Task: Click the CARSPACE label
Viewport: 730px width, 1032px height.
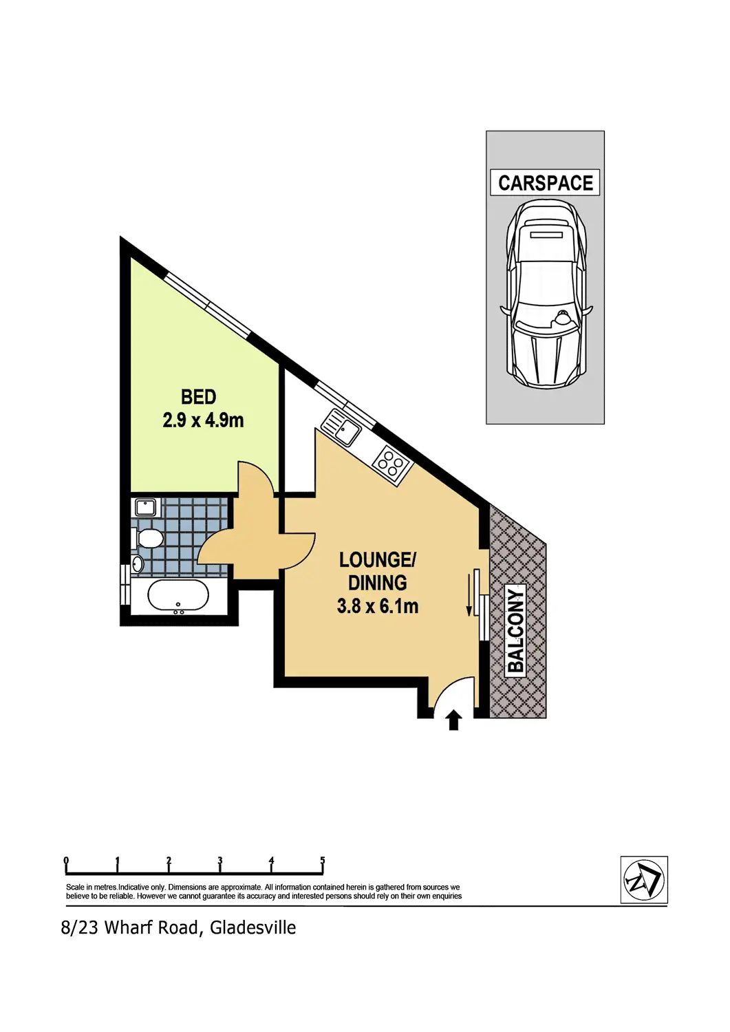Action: pyautogui.click(x=545, y=183)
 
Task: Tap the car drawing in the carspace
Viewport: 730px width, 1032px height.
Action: pyautogui.click(x=546, y=296)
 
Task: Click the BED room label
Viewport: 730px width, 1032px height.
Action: pyautogui.click(x=199, y=397)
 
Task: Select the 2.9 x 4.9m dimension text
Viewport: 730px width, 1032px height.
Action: pyautogui.click(x=203, y=420)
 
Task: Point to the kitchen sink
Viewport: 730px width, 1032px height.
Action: pyautogui.click(x=341, y=427)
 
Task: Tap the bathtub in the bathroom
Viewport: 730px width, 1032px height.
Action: pyautogui.click(x=178, y=596)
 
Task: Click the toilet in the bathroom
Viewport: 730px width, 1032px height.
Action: pyautogui.click(x=148, y=538)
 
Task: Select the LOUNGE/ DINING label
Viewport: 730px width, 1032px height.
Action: pyautogui.click(x=378, y=571)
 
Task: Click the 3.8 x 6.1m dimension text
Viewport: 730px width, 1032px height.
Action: pyautogui.click(x=378, y=606)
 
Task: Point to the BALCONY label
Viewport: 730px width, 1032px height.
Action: pyautogui.click(x=516, y=630)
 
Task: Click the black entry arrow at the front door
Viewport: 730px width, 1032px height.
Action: pyautogui.click(x=453, y=720)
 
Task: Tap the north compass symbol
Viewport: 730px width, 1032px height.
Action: pyautogui.click(x=644, y=880)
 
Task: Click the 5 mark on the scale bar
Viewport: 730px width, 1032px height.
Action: pyautogui.click(x=322, y=861)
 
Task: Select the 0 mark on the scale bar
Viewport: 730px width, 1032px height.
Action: pyautogui.click(x=66, y=861)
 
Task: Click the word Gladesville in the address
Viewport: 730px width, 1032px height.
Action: pyautogui.click(x=253, y=928)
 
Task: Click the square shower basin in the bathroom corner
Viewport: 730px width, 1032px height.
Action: pyautogui.click(x=145, y=508)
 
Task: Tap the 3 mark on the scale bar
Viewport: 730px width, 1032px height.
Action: pyautogui.click(x=220, y=861)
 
